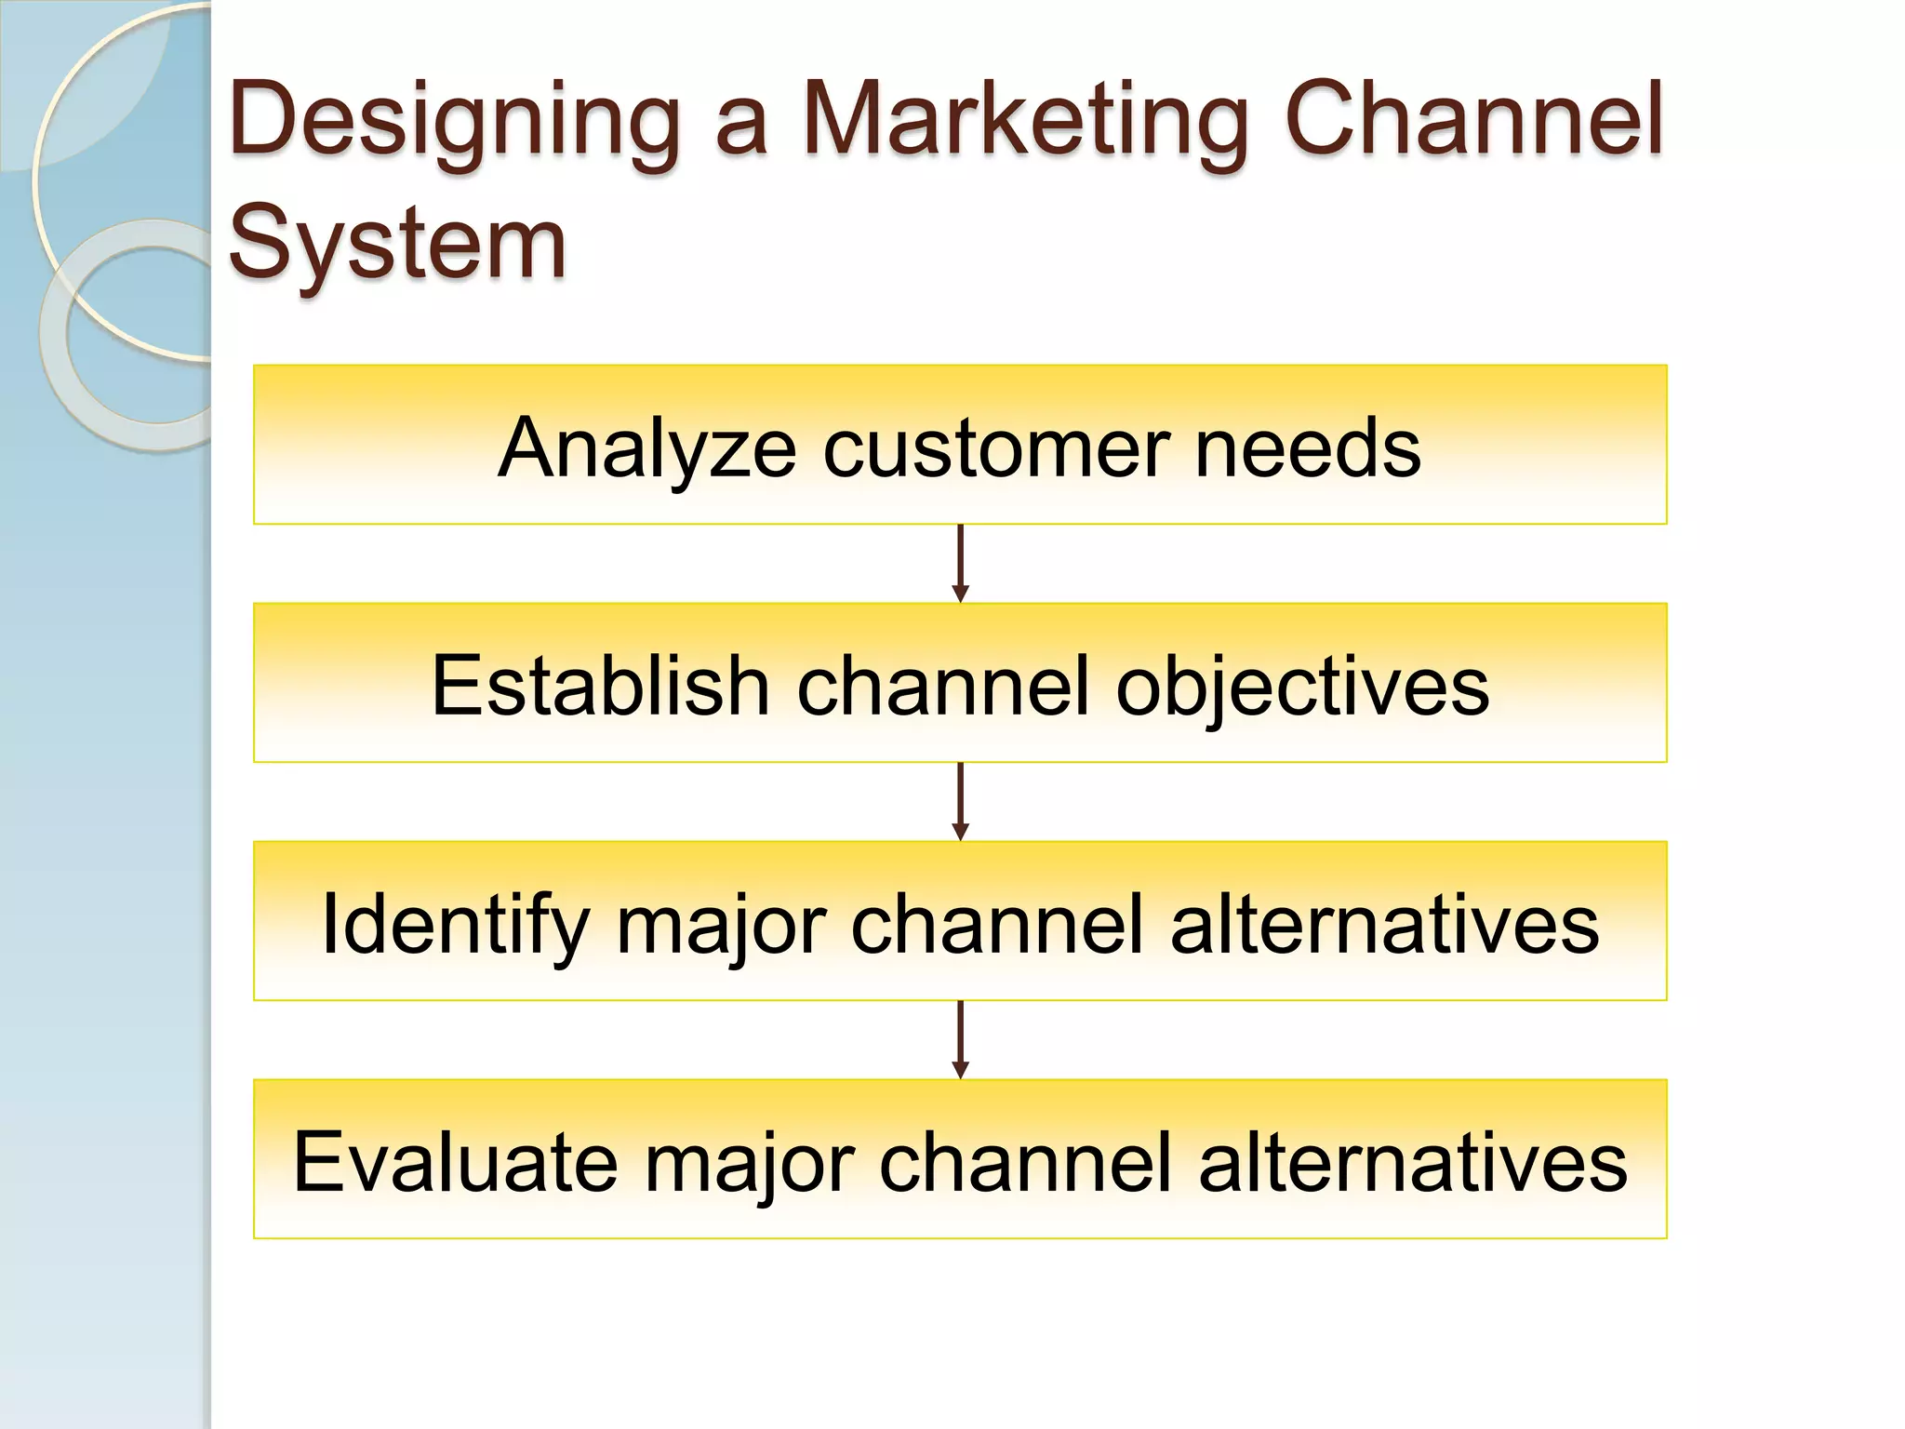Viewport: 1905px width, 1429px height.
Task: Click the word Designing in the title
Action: (455, 121)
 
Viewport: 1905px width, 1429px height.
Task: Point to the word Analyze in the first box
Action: (646, 448)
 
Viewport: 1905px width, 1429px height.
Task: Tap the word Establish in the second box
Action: (600, 686)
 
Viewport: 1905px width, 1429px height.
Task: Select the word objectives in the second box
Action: (1302, 686)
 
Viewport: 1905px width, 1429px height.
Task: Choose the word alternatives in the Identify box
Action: (1384, 925)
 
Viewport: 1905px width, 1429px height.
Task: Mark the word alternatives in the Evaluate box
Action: (1413, 1162)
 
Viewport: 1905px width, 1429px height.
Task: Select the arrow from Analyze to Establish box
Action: (961, 564)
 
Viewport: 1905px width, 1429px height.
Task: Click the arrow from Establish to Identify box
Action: (961, 802)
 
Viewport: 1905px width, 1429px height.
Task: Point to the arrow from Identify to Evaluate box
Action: (961, 1040)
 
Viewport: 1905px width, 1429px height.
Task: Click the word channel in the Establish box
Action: (942, 686)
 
